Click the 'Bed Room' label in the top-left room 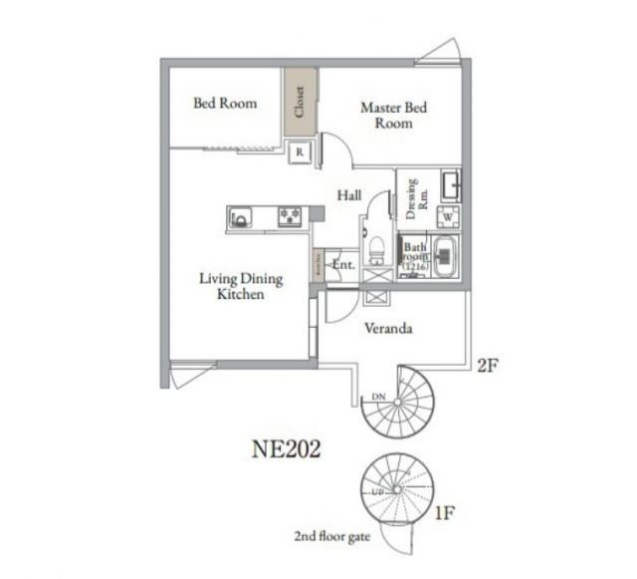tap(224, 103)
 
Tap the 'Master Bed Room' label tap(393, 115)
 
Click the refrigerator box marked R tap(300, 152)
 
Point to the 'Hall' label tap(348, 195)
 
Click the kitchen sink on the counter tap(244, 216)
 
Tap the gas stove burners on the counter tap(291, 216)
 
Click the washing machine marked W tap(448, 216)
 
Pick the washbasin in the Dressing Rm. tap(449, 185)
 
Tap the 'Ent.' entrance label tap(343, 265)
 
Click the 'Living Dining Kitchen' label tap(240, 287)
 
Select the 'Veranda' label tap(388, 328)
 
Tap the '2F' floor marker tap(486, 366)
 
